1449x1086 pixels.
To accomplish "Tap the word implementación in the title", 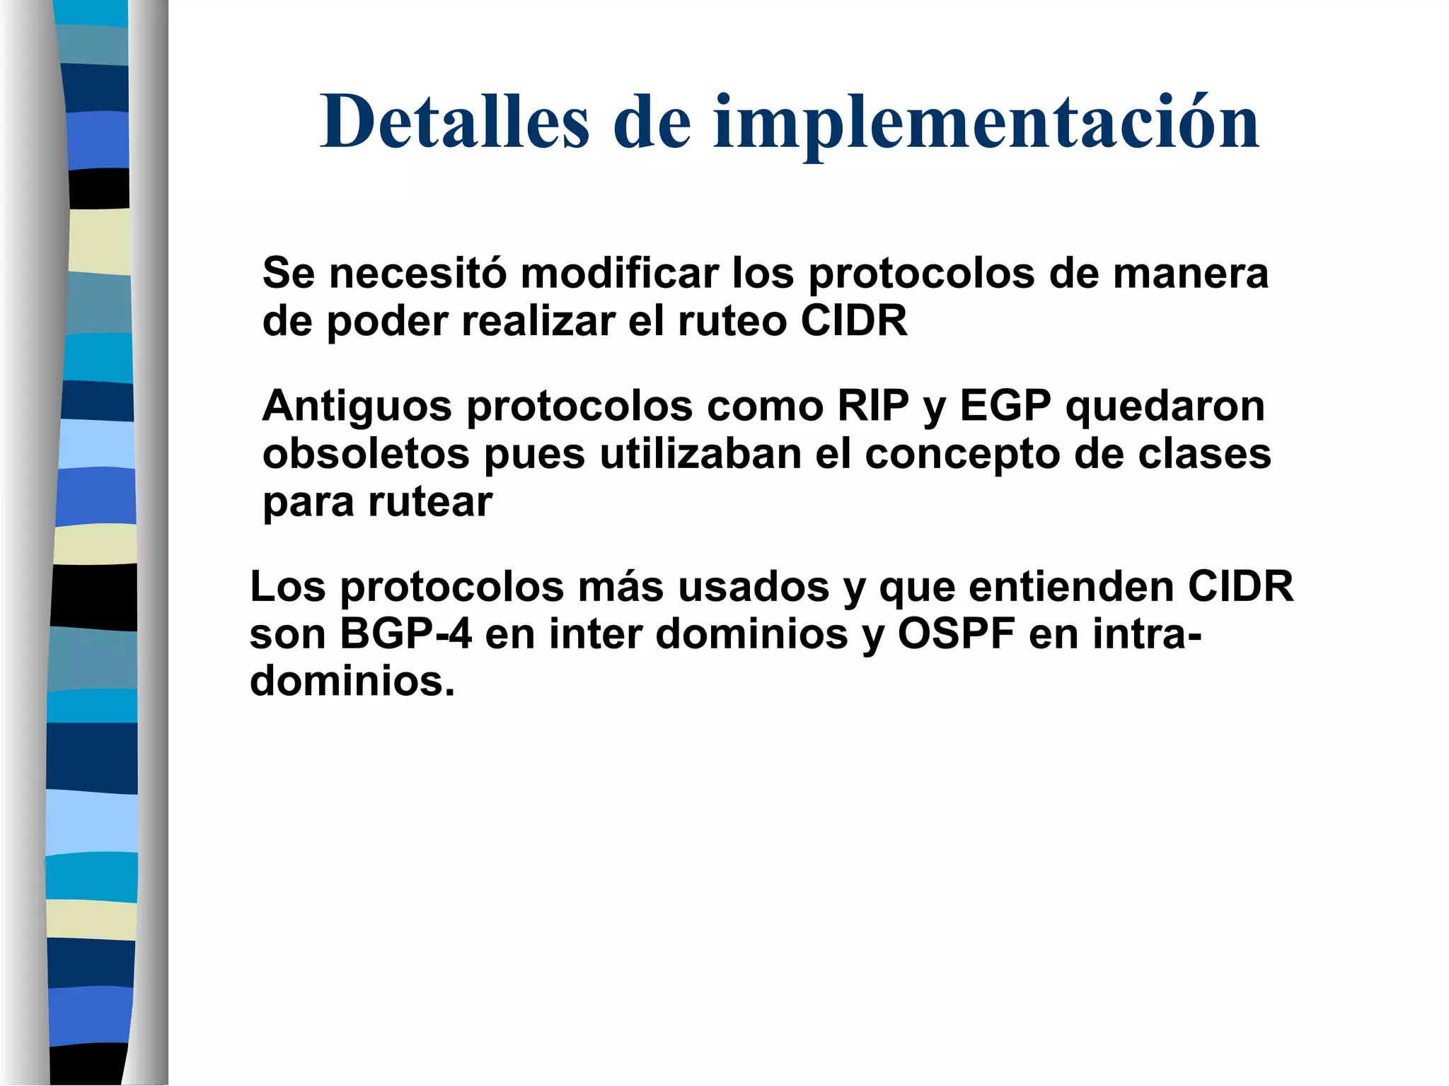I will click(986, 124).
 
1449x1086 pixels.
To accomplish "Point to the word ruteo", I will click(732, 321).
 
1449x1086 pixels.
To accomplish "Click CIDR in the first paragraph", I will click(854, 321).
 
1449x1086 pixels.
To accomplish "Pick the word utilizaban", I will click(700, 454).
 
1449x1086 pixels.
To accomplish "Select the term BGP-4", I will click(405, 634).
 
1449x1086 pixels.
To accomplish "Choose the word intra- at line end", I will click(1147, 634).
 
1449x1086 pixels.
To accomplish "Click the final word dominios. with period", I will click(352, 682).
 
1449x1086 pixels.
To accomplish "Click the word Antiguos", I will click(357, 407).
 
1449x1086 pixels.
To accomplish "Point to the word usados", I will click(754, 587).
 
